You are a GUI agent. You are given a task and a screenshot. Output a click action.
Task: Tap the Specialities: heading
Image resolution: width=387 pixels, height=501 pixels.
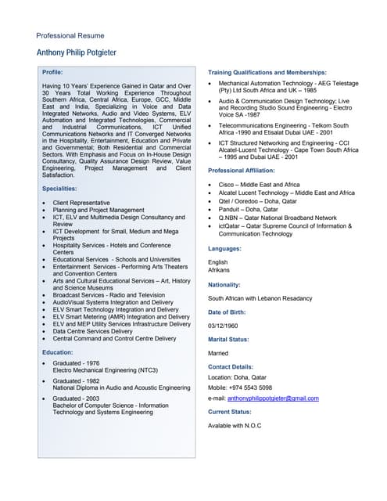click(60, 189)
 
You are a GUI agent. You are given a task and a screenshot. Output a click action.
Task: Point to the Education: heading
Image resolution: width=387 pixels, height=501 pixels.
click(58, 352)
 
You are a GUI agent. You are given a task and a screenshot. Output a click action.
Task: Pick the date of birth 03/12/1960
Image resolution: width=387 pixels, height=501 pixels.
click(224, 326)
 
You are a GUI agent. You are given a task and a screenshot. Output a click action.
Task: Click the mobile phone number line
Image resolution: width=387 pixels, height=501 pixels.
click(240, 387)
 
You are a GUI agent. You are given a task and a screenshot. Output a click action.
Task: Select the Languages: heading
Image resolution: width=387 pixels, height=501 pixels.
click(224, 248)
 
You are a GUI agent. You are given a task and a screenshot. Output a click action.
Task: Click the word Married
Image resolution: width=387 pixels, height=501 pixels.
click(219, 353)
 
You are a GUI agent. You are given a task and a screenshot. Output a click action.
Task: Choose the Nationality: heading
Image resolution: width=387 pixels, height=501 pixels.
click(224, 285)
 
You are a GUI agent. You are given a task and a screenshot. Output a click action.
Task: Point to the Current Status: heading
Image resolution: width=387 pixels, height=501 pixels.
click(230, 412)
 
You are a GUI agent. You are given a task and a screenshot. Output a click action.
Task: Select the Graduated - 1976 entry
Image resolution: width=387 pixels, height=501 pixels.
click(76, 363)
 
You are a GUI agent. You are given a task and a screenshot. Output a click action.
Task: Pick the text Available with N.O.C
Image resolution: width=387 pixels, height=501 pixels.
click(235, 425)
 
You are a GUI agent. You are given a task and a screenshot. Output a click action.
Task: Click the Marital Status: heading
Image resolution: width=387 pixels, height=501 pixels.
click(228, 340)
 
